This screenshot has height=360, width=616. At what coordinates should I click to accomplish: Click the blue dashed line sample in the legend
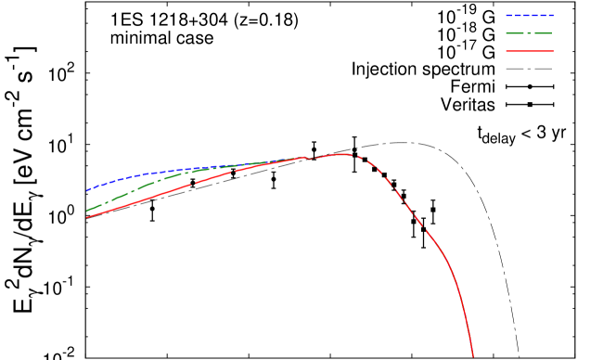coord(530,15)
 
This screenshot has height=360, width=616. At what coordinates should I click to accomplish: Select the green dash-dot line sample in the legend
coord(530,33)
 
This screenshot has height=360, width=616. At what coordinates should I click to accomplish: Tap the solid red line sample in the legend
coord(530,51)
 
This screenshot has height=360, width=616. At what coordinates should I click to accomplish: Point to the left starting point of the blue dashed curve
coord(86,191)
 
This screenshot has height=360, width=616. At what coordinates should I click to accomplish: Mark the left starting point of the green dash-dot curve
coord(86,212)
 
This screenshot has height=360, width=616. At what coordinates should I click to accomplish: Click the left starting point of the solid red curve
coord(86,217)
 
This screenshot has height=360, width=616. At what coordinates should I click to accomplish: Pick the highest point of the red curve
coord(342,154)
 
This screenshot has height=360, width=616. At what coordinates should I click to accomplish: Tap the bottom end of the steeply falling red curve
coord(473,356)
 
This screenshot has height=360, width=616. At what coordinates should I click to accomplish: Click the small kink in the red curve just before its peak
coord(309,159)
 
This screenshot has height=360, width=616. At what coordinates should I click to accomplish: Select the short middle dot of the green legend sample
coord(530,33)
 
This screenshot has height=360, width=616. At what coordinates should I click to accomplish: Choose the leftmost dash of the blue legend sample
coord(508,15)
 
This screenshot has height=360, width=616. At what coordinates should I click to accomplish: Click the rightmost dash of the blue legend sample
coord(551,15)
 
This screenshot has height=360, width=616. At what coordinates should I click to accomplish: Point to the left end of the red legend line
coord(507,51)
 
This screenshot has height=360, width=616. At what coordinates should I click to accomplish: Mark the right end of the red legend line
coord(553,51)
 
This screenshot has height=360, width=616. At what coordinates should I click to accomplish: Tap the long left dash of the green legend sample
coord(515,33)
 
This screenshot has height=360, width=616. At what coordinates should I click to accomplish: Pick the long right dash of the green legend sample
coord(544,33)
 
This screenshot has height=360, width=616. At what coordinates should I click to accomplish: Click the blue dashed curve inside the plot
coord(139,174)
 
